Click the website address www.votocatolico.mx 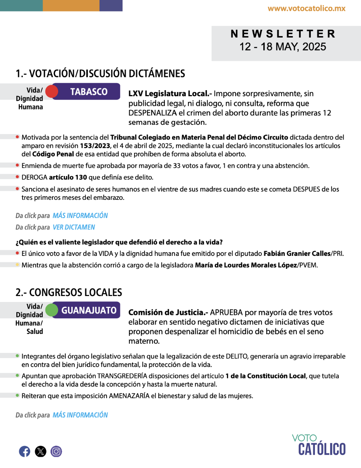click(x=306, y=8)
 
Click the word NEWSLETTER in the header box click(x=283, y=34)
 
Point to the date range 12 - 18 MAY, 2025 click(x=283, y=47)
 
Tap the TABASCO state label click(x=89, y=92)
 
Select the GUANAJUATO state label click(x=89, y=310)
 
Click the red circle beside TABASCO click(x=52, y=91)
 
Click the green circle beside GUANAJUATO click(x=52, y=310)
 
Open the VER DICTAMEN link click(x=74, y=227)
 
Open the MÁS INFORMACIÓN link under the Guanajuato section click(x=80, y=415)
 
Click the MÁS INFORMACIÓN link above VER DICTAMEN click(x=80, y=215)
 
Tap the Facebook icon click(x=25, y=451)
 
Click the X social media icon click(x=40, y=451)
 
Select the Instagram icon click(x=56, y=451)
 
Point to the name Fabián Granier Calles click(x=297, y=254)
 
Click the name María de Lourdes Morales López click(x=246, y=265)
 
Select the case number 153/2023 click(x=95, y=146)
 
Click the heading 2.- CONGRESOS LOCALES click(x=69, y=292)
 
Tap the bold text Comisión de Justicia click(x=168, y=312)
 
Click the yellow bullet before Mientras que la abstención click(x=17, y=265)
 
